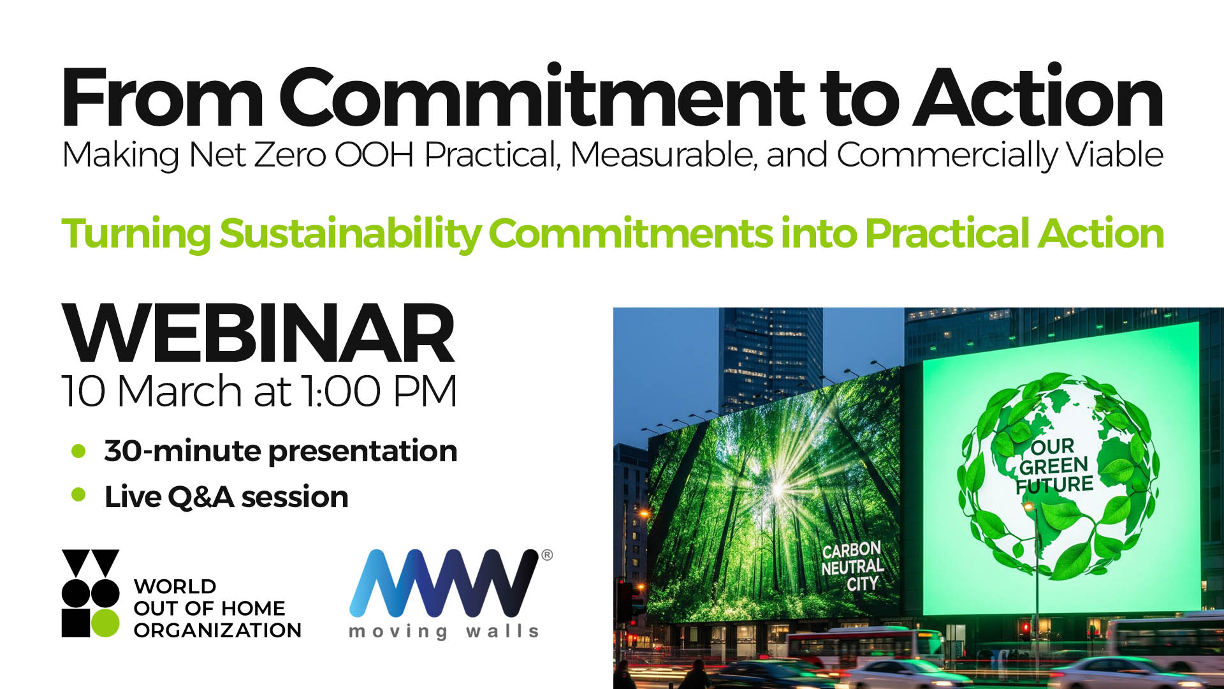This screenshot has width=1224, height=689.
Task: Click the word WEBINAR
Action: [x=258, y=333]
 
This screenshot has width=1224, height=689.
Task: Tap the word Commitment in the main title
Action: [x=542, y=97]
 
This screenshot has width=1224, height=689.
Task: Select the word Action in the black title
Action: [x=1039, y=97]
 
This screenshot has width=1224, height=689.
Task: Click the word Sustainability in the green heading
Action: [x=351, y=234]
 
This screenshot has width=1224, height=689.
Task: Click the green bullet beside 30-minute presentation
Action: [x=78, y=451]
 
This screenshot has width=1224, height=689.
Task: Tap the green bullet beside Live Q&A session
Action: [x=78, y=495]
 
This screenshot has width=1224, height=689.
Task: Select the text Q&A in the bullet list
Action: [x=201, y=497]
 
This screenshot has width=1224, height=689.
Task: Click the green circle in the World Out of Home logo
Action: [x=105, y=623]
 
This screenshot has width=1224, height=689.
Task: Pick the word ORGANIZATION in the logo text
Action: [x=217, y=630]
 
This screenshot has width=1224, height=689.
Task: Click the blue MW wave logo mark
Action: [x=444, y=583]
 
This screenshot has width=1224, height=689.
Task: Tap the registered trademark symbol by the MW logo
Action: [x=547, y=555]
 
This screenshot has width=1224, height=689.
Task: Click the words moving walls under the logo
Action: [x=444, y=632]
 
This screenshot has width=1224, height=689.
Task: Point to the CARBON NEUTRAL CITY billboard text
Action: [x=852, y=567]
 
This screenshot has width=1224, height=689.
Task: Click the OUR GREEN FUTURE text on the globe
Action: [x=1054, y=466]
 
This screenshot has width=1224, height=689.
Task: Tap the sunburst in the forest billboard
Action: [x=778, y=489]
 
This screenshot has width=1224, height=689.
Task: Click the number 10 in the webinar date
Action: [x=84, y=391]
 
